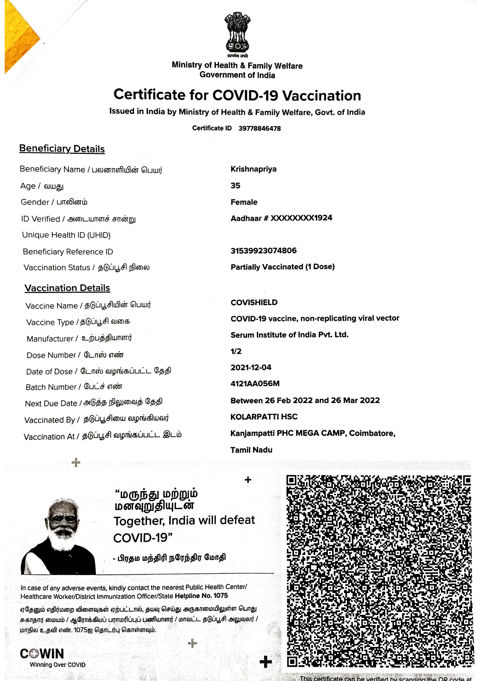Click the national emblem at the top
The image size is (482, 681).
tap(237, 33)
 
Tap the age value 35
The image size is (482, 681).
tap(235, 186)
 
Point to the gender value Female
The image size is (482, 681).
tap(244, 202)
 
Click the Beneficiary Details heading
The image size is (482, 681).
tap(62, 149)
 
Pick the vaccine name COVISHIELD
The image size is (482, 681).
tap(254, 302)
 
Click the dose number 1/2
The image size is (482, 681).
tap(236, 352)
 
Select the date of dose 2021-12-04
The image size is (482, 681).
tap(251, 367)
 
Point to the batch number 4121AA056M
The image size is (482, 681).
tap(255, 384)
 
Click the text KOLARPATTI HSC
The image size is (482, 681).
tap(264, 417)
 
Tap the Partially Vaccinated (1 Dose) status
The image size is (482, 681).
tap(282, 267)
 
